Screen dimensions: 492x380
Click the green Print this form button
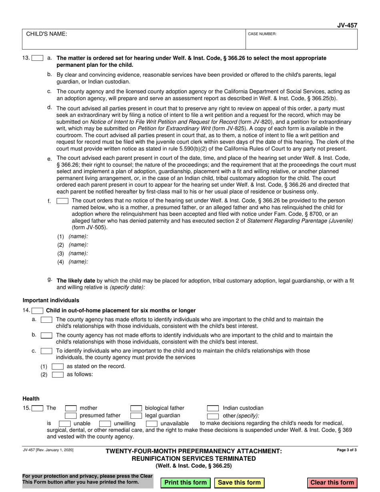tap(186, 482)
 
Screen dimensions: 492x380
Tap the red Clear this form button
tap(332, 482)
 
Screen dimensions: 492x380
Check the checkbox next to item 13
tap(38, 58)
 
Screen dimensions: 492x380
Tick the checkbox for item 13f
tap(62, 201)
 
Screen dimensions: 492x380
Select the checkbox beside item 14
tap(38, 311)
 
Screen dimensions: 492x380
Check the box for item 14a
tap(46, 320)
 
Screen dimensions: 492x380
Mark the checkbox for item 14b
tap(46, 335)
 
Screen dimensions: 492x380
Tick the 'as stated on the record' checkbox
tap(58, 366)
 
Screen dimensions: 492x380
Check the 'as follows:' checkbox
tap(58, 375)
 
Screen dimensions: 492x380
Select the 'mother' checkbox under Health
tap(71, 408)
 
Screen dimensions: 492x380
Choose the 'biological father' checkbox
tap(136, 408)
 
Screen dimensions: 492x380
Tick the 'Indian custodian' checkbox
tap(212, 408)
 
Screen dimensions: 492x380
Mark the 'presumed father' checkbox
tap(71, 416)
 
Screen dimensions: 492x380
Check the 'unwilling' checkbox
tap(105, 424)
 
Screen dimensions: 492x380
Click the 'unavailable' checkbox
tap(152, 424)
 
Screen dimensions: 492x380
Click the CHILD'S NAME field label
tap(47, 34)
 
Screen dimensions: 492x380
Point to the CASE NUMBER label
tap(262, 34)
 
